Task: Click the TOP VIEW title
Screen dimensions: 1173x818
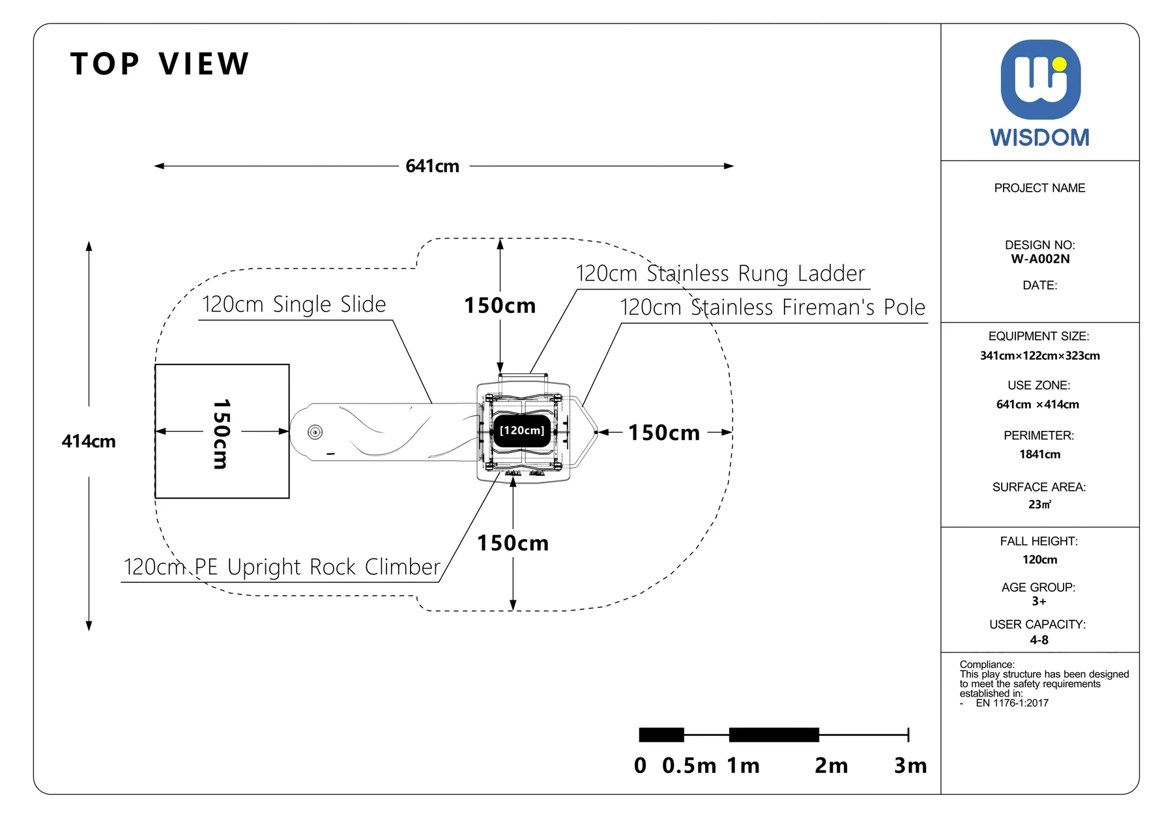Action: pyautogui.click(x=160, y=64)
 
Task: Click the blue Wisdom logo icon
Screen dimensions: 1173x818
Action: pyautogui.click(x=1040, y=80)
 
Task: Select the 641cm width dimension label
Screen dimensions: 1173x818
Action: pyautogui.click(x=432, y=166)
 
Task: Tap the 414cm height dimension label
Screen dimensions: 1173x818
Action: pyautogui.click(x=89, y=441)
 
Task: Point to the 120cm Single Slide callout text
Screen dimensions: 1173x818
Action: pyautogui.click(x=294, y=304)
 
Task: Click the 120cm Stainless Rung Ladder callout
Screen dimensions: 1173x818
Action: pyautogui.click(x=720, y=273)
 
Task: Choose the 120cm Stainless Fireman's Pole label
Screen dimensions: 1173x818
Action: pyautogui.click(x=772, y=307)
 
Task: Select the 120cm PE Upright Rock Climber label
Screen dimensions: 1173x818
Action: pyautogui.click(x=282, y=567)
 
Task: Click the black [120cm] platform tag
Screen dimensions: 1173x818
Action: pyautogui.click(x=522, y=431)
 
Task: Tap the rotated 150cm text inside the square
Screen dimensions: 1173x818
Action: pyautogui.click(x=222, y=434)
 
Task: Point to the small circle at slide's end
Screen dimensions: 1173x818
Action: pyautogui.click(x=315, y=431)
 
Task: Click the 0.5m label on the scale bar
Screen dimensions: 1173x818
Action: pyautogui.click(x=689, y=765)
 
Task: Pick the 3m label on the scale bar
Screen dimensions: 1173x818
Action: pyautogui.click(x=910, y=765)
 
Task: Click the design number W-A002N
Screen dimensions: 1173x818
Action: pyautogui.click(x=1040, y=259)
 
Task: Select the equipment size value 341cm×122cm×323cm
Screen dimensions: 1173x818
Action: pyautogui.click(x=1040, y=356)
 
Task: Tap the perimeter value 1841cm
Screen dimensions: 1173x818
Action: pyautogui.click(x=1040, y=454)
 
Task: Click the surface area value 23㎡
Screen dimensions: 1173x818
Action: pyautogui.click(x=1040, y=504)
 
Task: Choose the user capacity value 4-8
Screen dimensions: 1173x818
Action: pyautogui.click(x=1039, y=640)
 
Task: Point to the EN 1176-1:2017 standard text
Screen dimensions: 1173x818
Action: pyautogui.click(x=1012, y=703)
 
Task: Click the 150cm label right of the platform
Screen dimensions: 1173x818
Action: pyautogui.click(x=664, y=433)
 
